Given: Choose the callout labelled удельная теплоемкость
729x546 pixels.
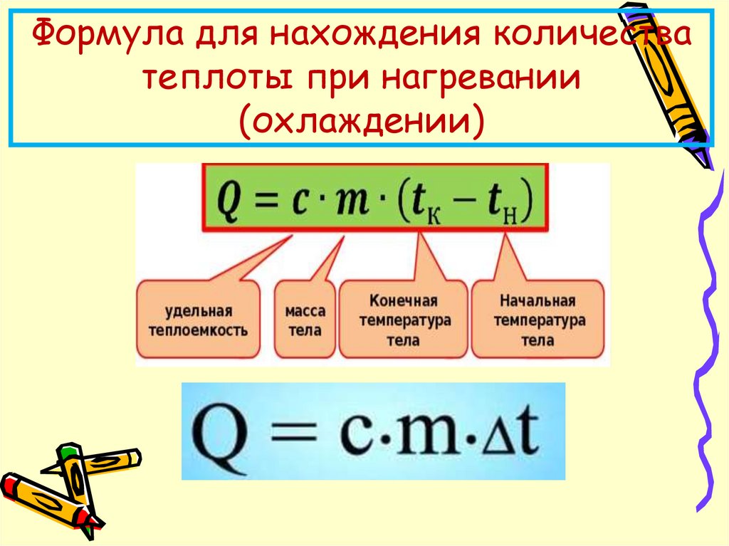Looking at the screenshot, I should point(199,320).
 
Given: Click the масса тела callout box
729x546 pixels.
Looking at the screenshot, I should point(305,320).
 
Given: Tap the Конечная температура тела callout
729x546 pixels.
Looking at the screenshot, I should point(404,320).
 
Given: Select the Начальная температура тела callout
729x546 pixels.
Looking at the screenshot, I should point(537,320).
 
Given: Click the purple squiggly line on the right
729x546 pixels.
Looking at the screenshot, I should point(708,320).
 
